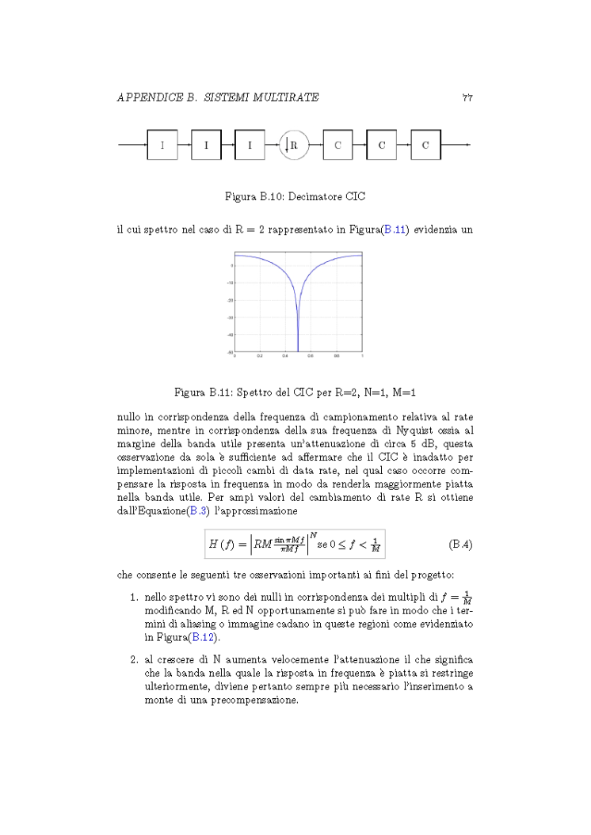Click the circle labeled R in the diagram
point(293,145)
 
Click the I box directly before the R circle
point(250,145)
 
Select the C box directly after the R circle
point(337,145)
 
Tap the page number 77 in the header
point(467,97)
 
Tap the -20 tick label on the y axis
point(230,301)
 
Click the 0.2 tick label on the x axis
point(259,357)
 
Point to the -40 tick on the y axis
point(230,335)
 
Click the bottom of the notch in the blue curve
point(298,351)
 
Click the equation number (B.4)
point(460,545)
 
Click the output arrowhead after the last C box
point(468,145)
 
